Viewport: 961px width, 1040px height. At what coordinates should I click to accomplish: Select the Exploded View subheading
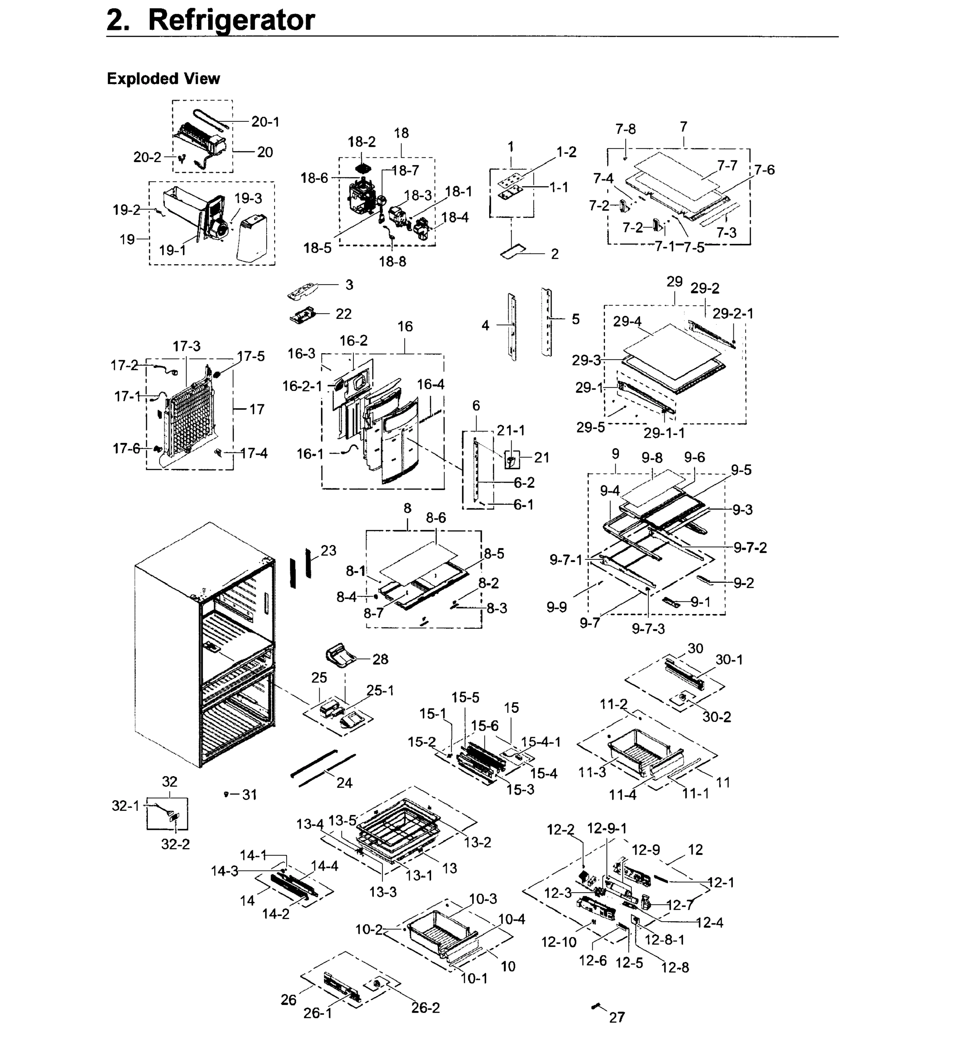[163, 79]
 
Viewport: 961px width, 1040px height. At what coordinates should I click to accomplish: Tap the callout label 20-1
[265, 122]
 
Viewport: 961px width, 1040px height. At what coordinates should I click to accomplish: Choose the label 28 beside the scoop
[380, 659]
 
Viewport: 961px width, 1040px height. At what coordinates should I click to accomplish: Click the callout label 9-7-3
[648, 629]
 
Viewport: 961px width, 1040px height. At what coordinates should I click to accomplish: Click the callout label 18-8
[392, 261]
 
